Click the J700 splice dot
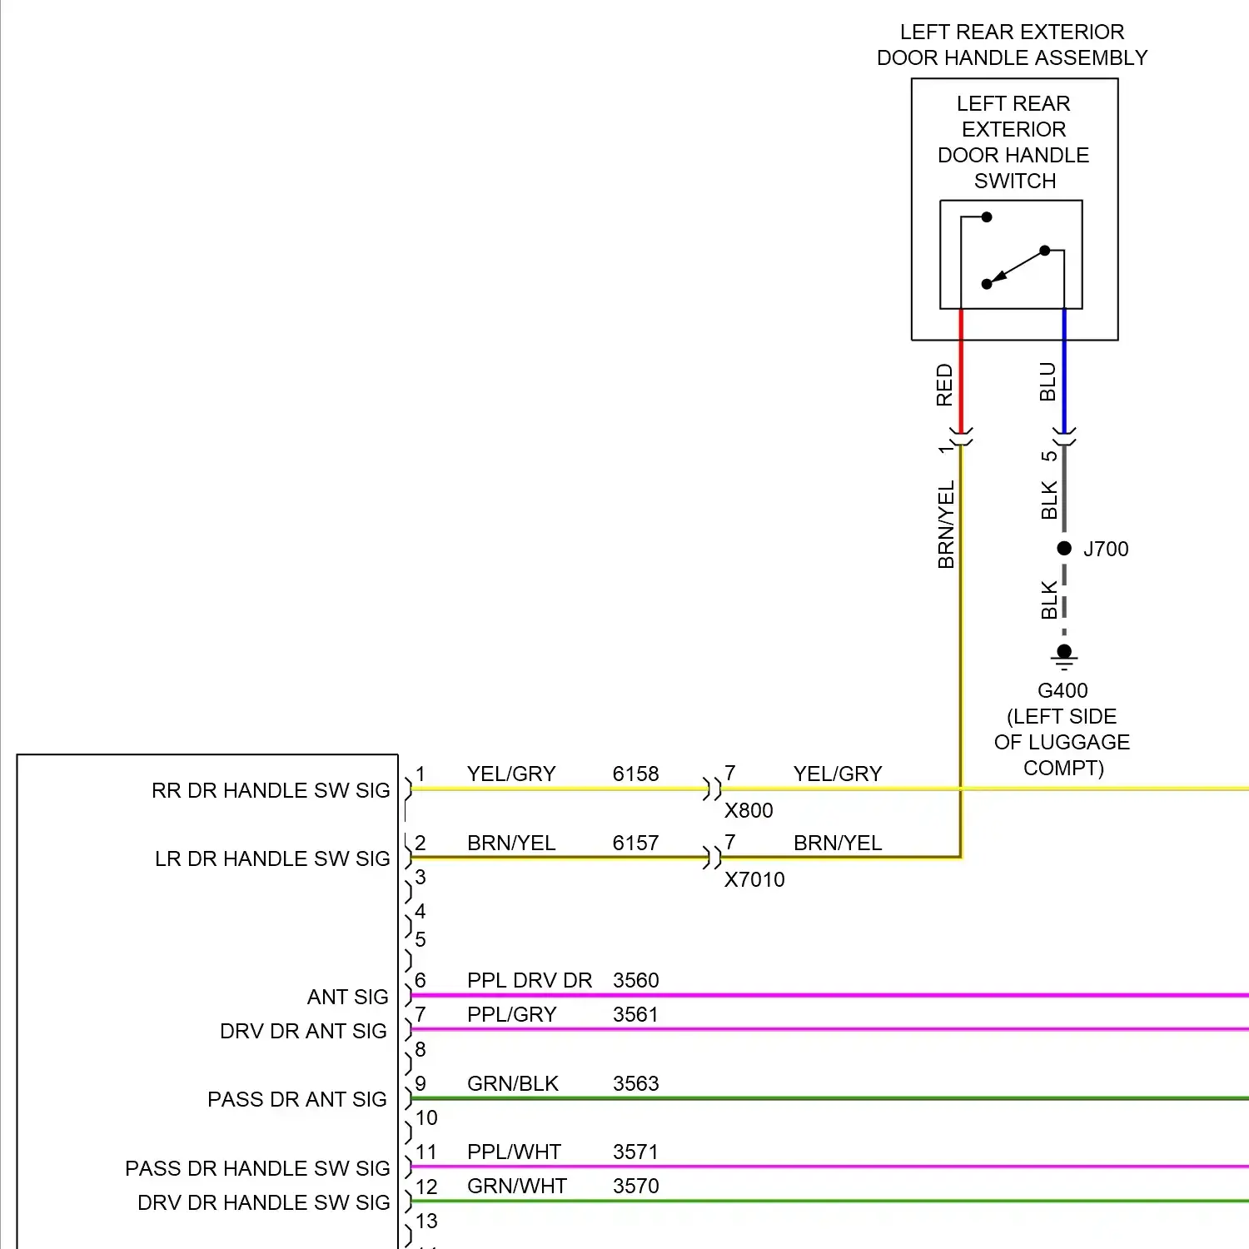tap(1064, 548)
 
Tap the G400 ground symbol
tap(1064, 655)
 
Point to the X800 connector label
tap(749, 810)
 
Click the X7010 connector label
tap(754, 879)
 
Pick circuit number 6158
tap(635, 774)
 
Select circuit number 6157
tap(635, 843)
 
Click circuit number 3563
tap(635, 1083)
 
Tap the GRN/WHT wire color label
tap(517, 1186)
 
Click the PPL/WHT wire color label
tap(515, 1152)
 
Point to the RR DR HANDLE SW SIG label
tap(271, 790)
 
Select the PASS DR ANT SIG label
tap(297, 1099)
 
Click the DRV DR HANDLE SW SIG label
tap(264, 1202)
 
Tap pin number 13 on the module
tap(426, 1221)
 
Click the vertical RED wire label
tap(944, 385)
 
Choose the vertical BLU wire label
tap(1047, 381)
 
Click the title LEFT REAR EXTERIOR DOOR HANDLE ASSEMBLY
tap(1012, 45)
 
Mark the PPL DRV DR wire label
tap(530, 980)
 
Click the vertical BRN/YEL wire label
tap(946, 525)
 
